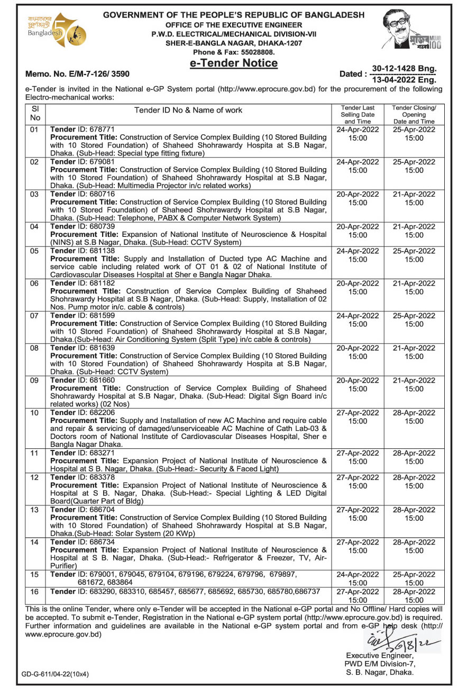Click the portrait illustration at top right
coord(407,32)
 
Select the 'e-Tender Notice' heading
coord(234,63)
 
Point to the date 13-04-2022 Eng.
coord(404,80)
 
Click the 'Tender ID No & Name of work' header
coord(188,110)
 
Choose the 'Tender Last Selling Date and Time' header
coord(358,114)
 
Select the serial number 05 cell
coord(34,251)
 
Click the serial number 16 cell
coord(34,592)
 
